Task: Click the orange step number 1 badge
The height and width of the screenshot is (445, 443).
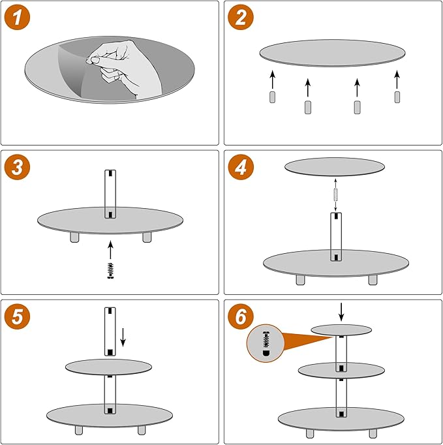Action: click(x=17, y=18)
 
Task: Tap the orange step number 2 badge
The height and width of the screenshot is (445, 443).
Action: click(x=241, y=18)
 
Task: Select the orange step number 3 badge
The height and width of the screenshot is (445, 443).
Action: click(x=17, y=167)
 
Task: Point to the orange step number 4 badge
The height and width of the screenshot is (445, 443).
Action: click(x=241, y=167)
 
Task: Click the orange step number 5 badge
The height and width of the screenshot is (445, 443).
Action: click(x=17, y=316)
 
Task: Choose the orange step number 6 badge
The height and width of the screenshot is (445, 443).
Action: click(x=241, y=316)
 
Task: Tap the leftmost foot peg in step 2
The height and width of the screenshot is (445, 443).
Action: click(x=272, y=97)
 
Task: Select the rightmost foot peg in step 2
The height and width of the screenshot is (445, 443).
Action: click(x=397, y=97)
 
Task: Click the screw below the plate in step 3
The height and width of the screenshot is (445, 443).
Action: click(x=110, y=271)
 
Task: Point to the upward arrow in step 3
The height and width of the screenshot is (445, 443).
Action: click(x=110, y=250)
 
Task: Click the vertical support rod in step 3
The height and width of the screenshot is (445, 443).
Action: click(x=110, y=194)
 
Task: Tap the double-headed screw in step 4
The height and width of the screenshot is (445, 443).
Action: click(x=335, y=194)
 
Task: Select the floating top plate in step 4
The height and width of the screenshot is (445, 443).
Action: click(x=335, y=167)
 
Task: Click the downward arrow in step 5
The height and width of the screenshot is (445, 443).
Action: click(x=123, y=337)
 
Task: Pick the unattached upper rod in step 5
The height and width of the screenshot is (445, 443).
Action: click(x=110, y=331)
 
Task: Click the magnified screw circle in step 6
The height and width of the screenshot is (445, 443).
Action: click(x=266, y=343)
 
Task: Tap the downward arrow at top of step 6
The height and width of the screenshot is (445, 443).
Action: click(x=341, y=312)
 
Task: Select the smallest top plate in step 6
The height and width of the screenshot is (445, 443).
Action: click(x=341, y=330)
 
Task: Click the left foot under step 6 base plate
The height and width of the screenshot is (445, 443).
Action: click(x=310, y=433)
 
